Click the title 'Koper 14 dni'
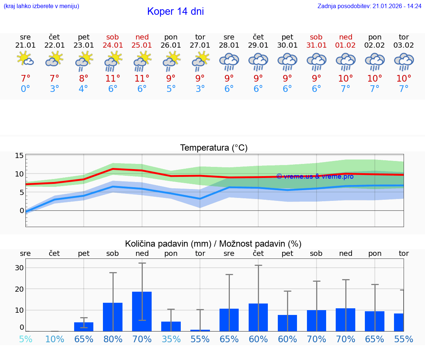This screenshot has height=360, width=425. click(175, 11)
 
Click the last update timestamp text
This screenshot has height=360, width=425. click(369, 6)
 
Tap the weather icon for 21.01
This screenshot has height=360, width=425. click(25, 59)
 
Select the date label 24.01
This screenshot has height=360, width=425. click(113, 45)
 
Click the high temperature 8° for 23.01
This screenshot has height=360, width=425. click(84, 79)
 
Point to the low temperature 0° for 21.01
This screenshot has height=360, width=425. click(25, 89)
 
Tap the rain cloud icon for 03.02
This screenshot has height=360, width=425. click(404, 61)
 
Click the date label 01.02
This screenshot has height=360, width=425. click(346, 45)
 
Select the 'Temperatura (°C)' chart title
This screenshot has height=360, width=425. click(214, 148)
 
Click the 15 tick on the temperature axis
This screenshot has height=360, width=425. click(19, 155)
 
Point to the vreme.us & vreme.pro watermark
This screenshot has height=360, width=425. click(315, 176)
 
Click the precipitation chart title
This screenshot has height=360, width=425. click(213, 244)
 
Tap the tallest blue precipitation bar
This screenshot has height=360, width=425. click(142, 311)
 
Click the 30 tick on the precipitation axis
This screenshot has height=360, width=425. click(19, 268)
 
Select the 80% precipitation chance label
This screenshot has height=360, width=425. click(113, 339)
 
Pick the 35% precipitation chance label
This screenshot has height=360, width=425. click(171, 339)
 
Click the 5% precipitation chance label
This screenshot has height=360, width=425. click(25, 339)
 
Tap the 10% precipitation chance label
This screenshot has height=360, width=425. click(55, 339)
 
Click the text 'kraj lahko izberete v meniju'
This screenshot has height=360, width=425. click(41, 6)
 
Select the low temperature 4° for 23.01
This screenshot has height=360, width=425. click(84, 89)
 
